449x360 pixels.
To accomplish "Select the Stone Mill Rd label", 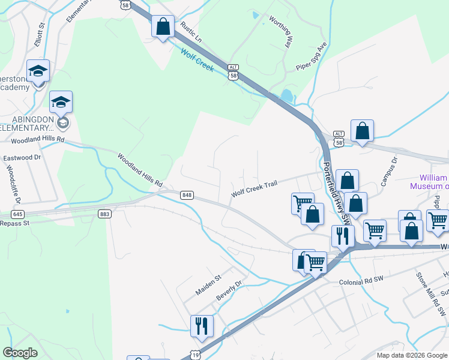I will click(429, 289).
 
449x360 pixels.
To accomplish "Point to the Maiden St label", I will click(208, 286).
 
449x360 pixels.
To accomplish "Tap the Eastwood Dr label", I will click(22, 157).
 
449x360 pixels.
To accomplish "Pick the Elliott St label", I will click(40, 34).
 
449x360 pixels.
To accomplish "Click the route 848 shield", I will click(187, 195).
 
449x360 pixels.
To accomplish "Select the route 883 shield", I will click(106, 214).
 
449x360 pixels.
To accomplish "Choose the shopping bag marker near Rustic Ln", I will click(162, 27).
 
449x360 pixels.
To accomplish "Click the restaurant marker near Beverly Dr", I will click(201, 326).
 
